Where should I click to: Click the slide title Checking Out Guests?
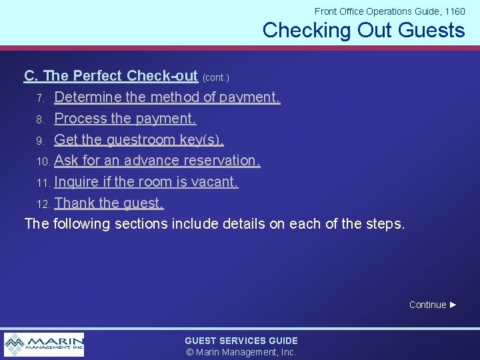tap(363, 30)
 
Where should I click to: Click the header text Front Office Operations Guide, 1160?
tap(389, 11)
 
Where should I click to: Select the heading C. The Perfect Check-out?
tap(111, 76)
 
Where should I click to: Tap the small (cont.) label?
tap(216, 78)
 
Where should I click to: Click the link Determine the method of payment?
tap(167, 97)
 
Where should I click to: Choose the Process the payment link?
tap(125, 119)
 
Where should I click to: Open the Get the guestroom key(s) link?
tap(139, 140)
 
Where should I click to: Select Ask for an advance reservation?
tap(157, 161)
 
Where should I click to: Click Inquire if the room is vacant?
tap(146, 182)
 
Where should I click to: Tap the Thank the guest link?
tap(109, 203)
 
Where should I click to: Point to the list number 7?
tap(40, 99)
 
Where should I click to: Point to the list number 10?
tap(43, 162)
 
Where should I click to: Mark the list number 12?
tap(43, 204)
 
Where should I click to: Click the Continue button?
tap(433, 305)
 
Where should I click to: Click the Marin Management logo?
tap(44, 345)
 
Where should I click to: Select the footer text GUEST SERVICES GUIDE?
tap(241, 341)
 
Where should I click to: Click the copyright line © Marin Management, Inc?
tap(241, 352)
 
